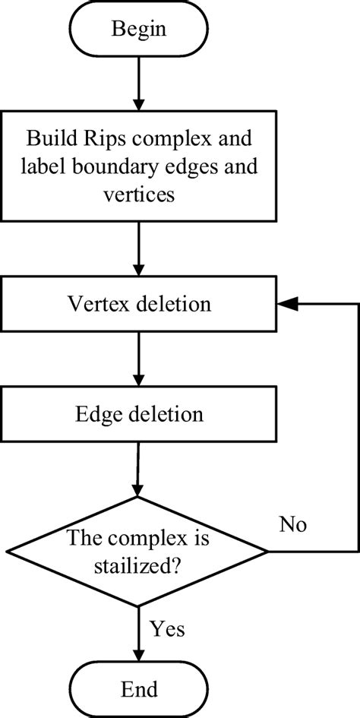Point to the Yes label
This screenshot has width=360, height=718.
pos(167,629)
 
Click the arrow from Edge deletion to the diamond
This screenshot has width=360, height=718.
pos(137,470)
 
